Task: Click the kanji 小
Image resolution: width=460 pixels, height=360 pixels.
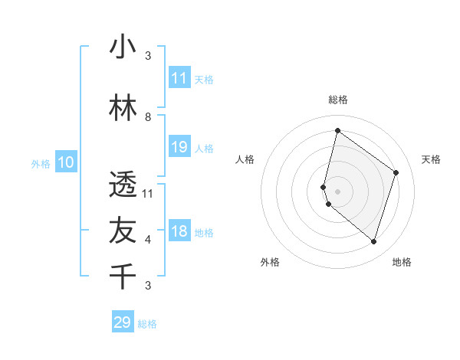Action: tap(123, 47)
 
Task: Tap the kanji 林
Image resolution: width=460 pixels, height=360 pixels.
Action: tap(123, 109)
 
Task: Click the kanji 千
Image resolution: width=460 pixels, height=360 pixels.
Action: tap(123, 276)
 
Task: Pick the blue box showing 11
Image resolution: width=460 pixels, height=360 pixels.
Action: tap(179, 78)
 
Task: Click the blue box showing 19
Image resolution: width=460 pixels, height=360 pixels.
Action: tap(179, 147)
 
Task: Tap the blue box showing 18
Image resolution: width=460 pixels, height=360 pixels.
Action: tap(179, 232)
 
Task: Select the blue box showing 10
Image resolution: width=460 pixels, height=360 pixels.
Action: tap(66, 162)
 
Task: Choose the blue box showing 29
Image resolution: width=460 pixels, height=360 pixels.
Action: tap(123, 322)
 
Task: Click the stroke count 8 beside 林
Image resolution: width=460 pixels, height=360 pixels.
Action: tap(148, 117)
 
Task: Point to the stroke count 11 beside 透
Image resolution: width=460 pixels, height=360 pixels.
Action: tap(148, 194)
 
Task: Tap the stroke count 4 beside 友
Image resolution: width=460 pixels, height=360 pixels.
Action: tap(148, 240)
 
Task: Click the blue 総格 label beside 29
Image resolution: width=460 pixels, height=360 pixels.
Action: tap(147, 324)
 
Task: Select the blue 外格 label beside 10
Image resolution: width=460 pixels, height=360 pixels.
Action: tap(41, 163)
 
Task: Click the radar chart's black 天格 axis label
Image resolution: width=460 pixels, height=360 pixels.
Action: tap(431, 159)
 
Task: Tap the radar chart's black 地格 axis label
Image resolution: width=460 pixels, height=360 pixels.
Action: tap(402, 262)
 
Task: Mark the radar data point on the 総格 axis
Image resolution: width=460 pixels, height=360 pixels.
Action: tap(337, 131)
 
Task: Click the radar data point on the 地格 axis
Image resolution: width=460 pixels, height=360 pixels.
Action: tap(373, 242)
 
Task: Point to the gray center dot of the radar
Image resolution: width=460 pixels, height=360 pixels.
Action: tap(337, 191)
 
